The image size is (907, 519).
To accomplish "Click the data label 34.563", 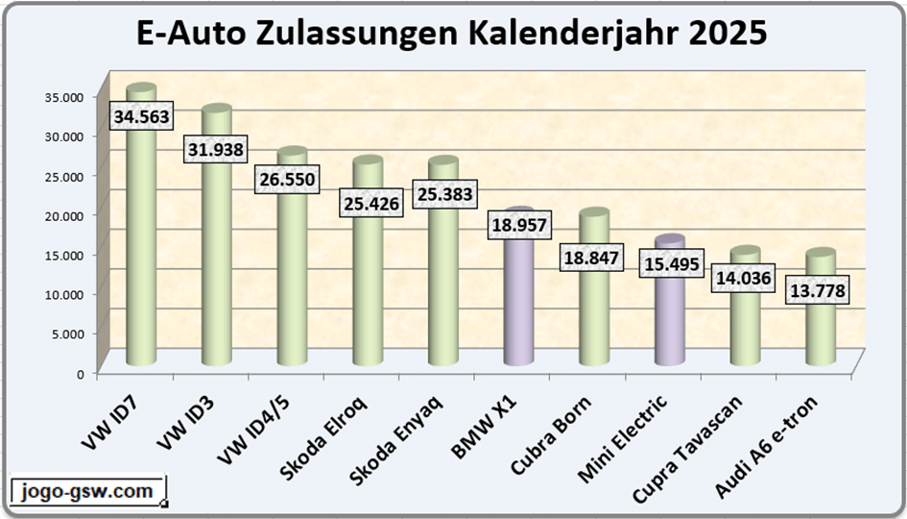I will click(x=141, y=117).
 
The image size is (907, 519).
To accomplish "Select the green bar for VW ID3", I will click(x=216, y=269).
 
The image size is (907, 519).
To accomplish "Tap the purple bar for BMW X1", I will click(x=517, y=298).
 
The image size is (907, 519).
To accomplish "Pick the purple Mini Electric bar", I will click(x=669, y=317).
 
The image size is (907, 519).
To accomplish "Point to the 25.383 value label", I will click(x=443, y=195).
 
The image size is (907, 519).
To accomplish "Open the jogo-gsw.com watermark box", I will click(x=87, y=492).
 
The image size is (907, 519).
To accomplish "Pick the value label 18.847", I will click(x=593, y=259).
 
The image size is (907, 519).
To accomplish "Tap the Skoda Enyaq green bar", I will click(x=442, y=288).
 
